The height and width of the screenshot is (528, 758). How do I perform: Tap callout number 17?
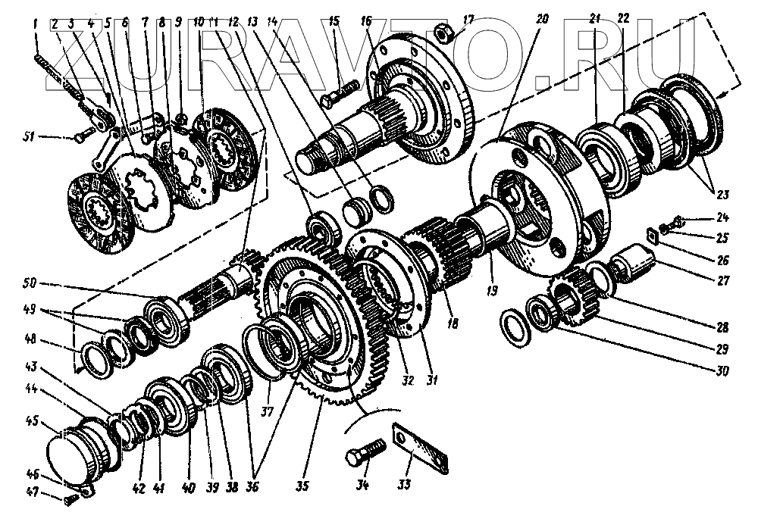coord(469,17)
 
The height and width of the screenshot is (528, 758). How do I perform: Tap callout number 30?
coord(721,371)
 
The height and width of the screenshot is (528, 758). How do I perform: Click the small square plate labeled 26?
coord(652,233)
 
